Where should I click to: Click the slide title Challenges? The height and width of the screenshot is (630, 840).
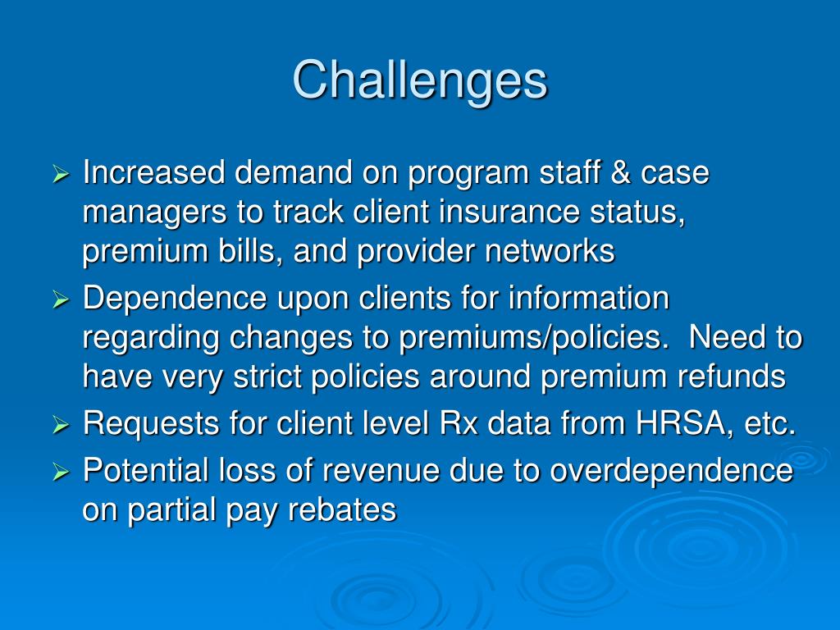(x=419, y=80)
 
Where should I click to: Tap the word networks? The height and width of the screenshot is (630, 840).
(x=549, y=252)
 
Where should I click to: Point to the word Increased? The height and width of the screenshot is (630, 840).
(x=153, y=173)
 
